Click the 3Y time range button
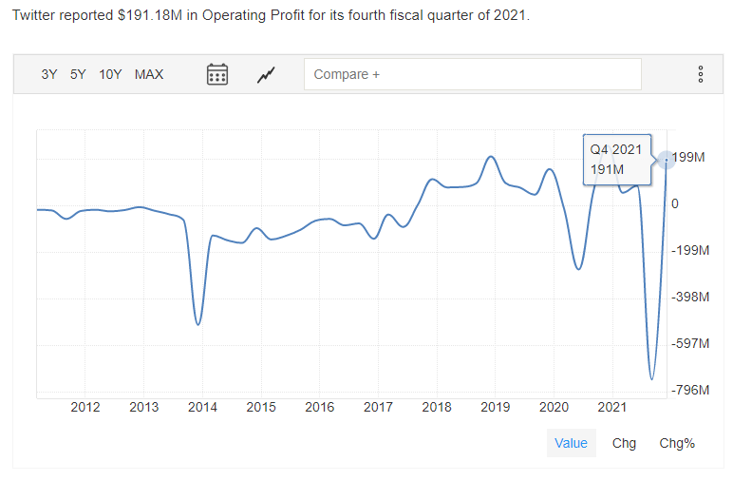click(x=49, y=74)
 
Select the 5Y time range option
click(x=78, y=74)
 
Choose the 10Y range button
click(x=110, y=74)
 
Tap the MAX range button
click(x=149, y=74)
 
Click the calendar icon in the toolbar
click(x=217, y=74)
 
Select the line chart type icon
click(x=267, y=74)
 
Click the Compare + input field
click(x=472, y=74)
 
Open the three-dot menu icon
click(x=701, y=74)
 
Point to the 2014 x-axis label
click(x=202, y=408)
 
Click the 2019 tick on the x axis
click(x=495, y=408)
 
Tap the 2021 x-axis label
click(x=611, y=408)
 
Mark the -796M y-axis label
click(x=690, y=390)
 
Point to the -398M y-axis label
click(x=690, y=297)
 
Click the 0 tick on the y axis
click(x=675, y=203)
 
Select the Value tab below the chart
click(x=571, y=443)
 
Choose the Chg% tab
click(x=677, y=443)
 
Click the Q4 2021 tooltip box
click(x=616, y=159)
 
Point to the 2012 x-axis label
click(x=85, y=408)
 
